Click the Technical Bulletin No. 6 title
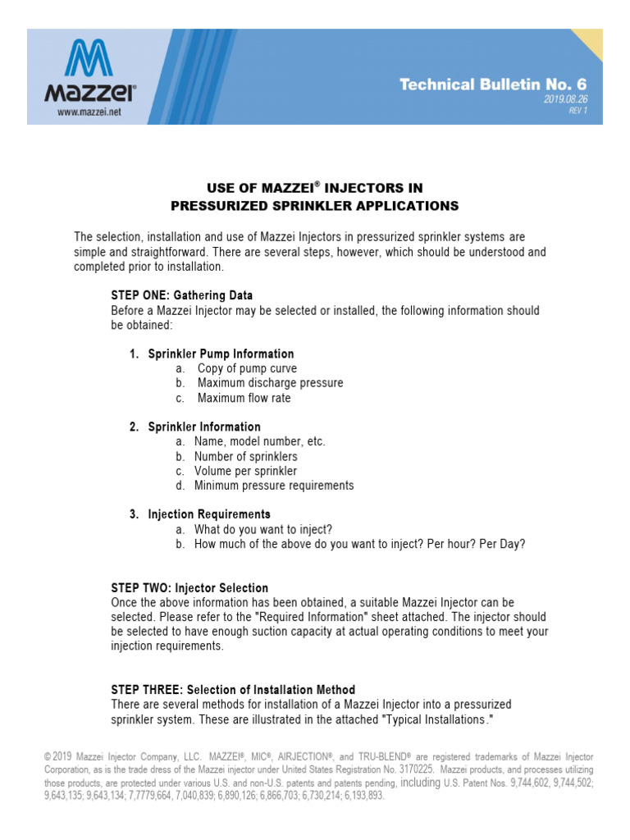493,84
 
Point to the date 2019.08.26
565,99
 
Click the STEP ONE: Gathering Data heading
182,295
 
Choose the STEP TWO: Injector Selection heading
189,588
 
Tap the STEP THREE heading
233,690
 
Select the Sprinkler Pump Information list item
221,354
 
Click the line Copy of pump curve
247,369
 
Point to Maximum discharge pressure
270,383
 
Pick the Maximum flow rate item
244,398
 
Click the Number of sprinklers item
245,456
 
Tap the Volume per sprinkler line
245,471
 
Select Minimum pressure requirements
274,486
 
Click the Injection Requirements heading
209,514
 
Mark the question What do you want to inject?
263,529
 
